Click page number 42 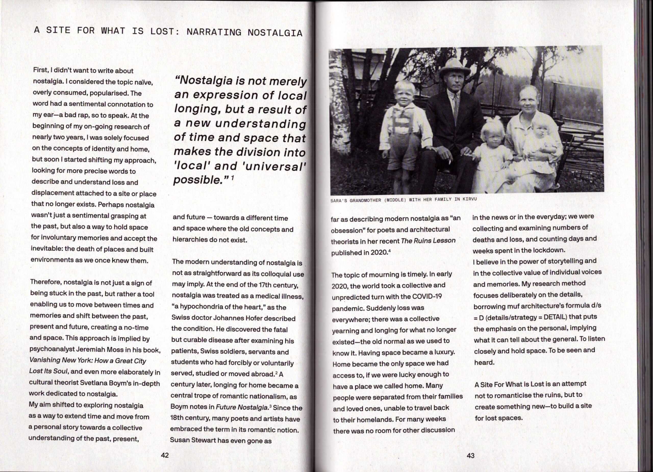[165, 455]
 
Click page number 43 [470, 456]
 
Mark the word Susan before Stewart [181, 441]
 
